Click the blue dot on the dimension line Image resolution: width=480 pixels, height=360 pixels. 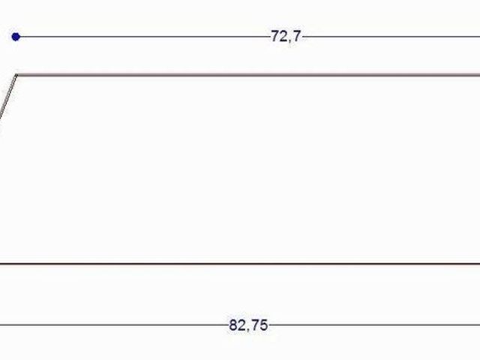point(16,37)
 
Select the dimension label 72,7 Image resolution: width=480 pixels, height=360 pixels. point(286,37)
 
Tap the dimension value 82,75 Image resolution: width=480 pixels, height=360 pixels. point(248,325)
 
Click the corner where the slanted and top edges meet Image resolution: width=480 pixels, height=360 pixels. point(17,75)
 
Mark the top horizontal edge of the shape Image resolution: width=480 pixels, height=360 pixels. point(248,75)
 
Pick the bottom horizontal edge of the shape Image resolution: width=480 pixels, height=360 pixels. point(240,263)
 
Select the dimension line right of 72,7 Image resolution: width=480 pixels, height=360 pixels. point(391,37)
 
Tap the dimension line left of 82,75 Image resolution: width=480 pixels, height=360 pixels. point(114,325)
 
